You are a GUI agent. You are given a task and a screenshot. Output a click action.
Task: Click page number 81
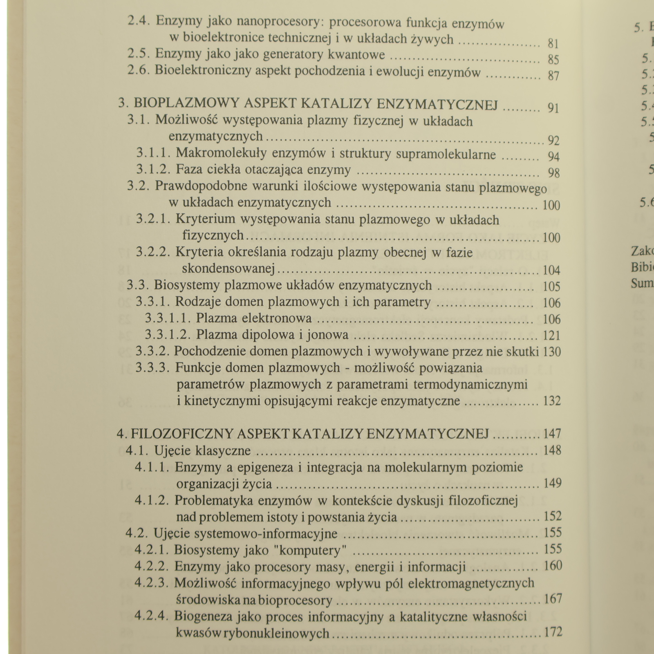pos(553,43)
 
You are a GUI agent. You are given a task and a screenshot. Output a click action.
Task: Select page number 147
pos(552,433)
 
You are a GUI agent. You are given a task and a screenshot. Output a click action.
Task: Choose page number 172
pos(553,632)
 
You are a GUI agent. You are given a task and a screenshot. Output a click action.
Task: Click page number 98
pos(553,172)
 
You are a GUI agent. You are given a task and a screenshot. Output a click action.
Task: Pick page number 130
pos(552,352)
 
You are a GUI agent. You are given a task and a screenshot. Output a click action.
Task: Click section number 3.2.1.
pos(153,219)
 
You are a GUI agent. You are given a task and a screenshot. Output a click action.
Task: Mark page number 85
pos(553,60)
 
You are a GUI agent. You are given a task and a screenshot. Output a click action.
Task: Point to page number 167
pos(553,600)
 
